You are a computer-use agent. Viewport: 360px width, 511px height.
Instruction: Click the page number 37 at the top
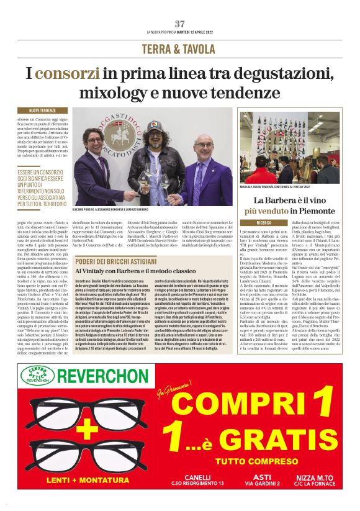pos(180,24)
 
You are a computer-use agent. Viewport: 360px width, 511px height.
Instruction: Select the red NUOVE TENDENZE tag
pos(41,111)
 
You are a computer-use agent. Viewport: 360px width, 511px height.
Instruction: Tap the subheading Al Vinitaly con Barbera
pos(132,272)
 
